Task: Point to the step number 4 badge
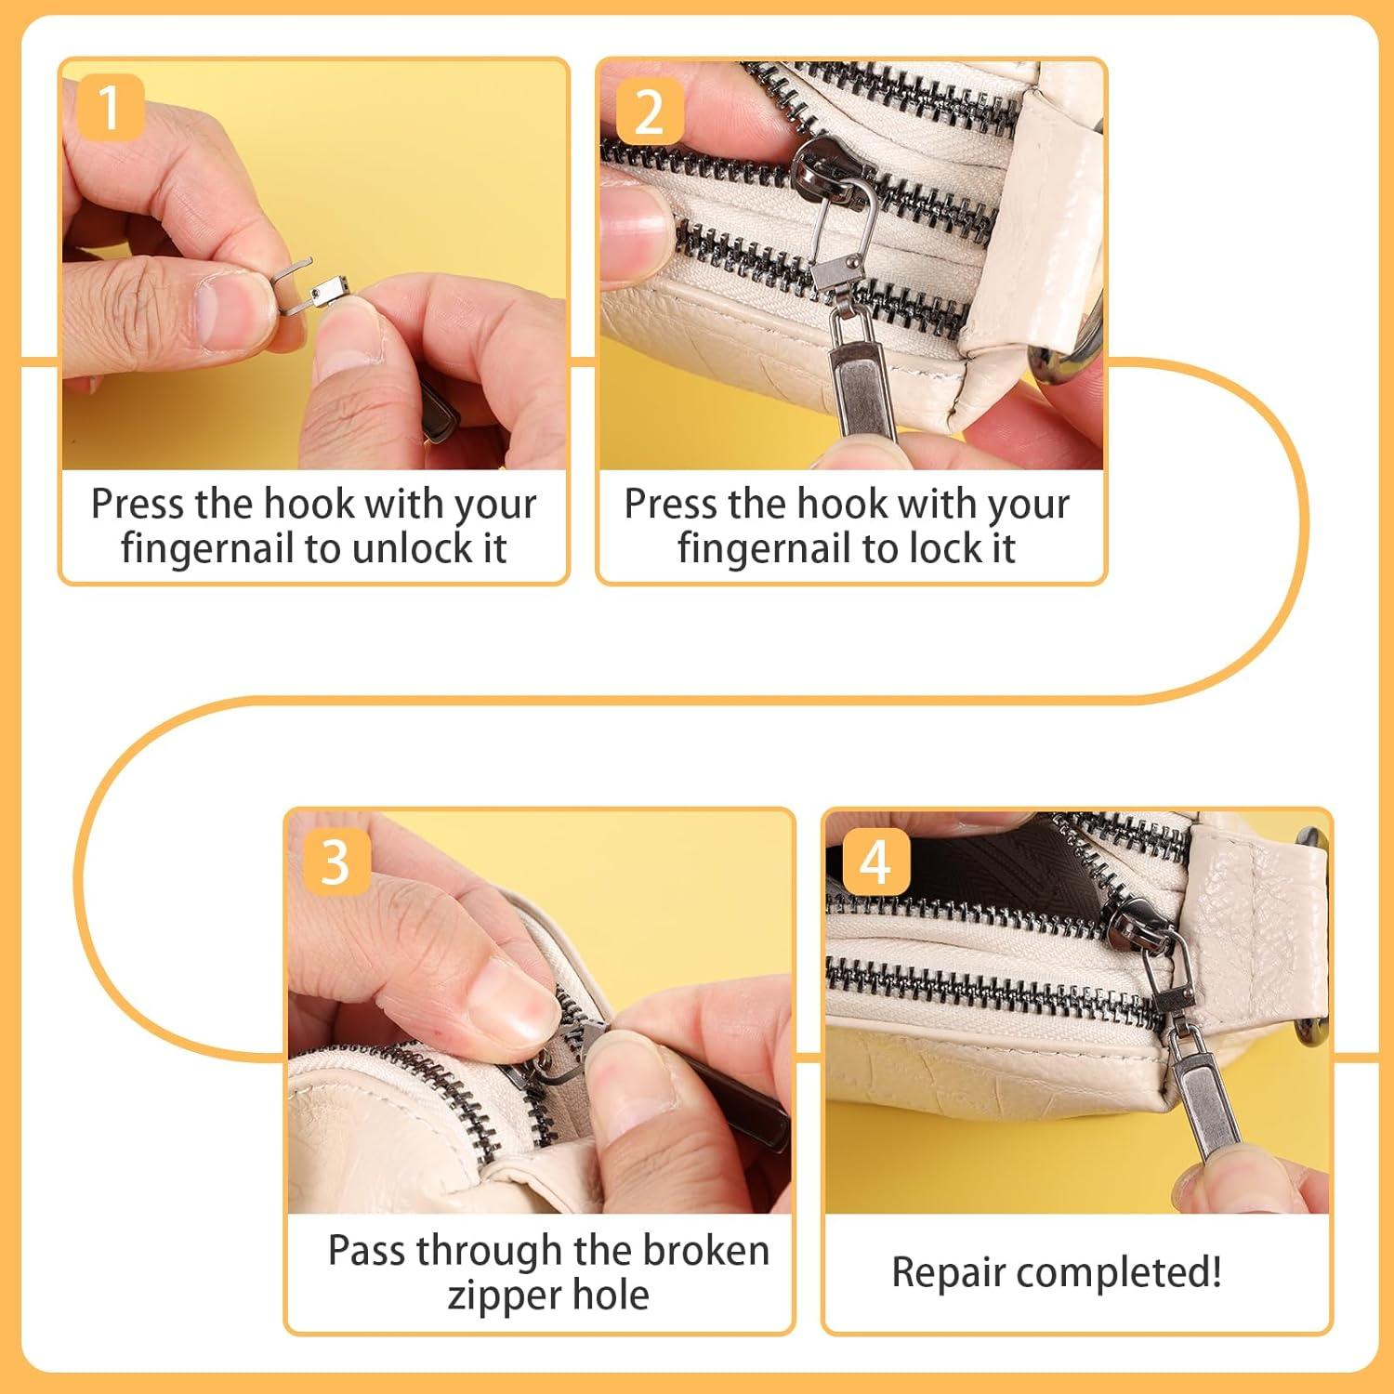coord(875,861)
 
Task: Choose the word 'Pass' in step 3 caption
coord(363,1251)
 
